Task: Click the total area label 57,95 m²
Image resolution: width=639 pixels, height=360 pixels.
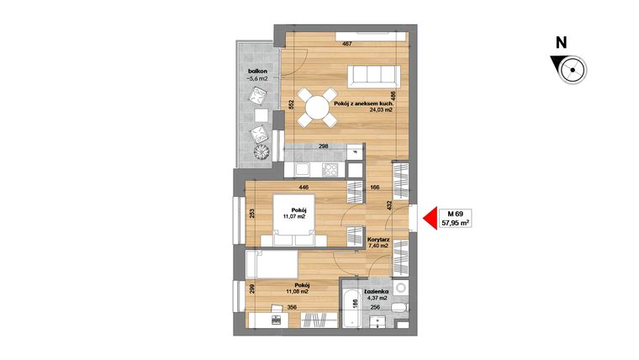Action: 457,224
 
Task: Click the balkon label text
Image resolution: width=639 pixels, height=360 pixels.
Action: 256,71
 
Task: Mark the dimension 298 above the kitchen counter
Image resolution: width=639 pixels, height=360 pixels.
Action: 322,146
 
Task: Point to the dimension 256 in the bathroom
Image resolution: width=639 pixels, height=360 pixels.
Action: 375,308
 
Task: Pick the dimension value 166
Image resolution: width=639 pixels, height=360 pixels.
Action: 375,188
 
